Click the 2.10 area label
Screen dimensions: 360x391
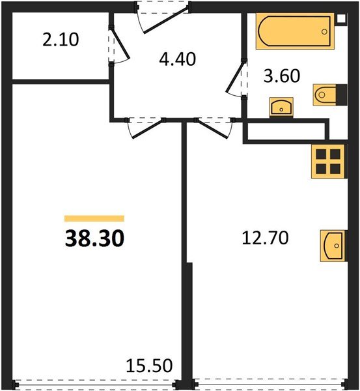[61, 40]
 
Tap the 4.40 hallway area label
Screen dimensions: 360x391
[177, 59]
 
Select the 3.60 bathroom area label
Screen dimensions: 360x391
[282, 76]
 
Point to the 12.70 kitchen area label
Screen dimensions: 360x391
[266, 238]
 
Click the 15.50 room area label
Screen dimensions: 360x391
[149, 366]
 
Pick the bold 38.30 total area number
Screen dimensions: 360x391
[94, 238]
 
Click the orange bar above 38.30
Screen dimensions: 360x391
[94, 218]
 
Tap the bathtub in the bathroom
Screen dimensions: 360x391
[295, 31]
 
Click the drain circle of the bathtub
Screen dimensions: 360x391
[324, 32]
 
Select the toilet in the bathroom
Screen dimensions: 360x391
[330, 94]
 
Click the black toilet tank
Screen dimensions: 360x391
[341, 94]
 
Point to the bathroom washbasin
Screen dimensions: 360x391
[281, 108]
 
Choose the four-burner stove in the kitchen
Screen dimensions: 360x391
[329, 162]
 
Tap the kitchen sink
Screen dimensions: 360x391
[334, 246]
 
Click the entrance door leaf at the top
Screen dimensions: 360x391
[165, 20]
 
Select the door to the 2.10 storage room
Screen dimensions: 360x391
[120, 44]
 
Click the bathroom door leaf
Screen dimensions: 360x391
[235, 77]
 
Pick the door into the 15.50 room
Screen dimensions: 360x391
[148, 129]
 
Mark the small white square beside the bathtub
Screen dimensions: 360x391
[341, 19]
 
